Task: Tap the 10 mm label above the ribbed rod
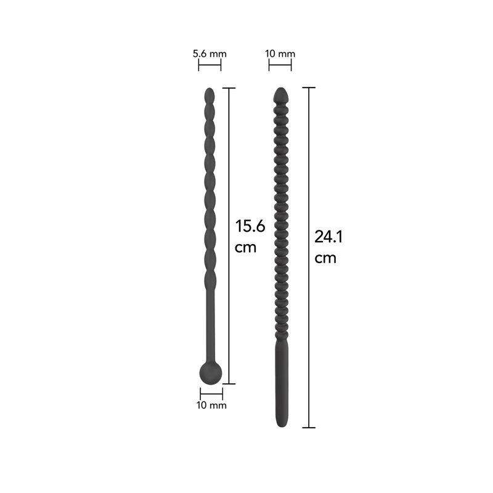(x=280, y=54)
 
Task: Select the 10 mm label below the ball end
(x=211, y=405)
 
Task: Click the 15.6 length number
(x=250, y=226)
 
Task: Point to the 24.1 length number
(x=328, y=236)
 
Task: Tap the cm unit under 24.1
(x=325, y=258)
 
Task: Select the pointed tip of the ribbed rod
(x=280, y=94)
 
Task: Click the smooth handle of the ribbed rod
(x=280, y=382)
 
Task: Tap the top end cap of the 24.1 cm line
(x=309, y=88)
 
